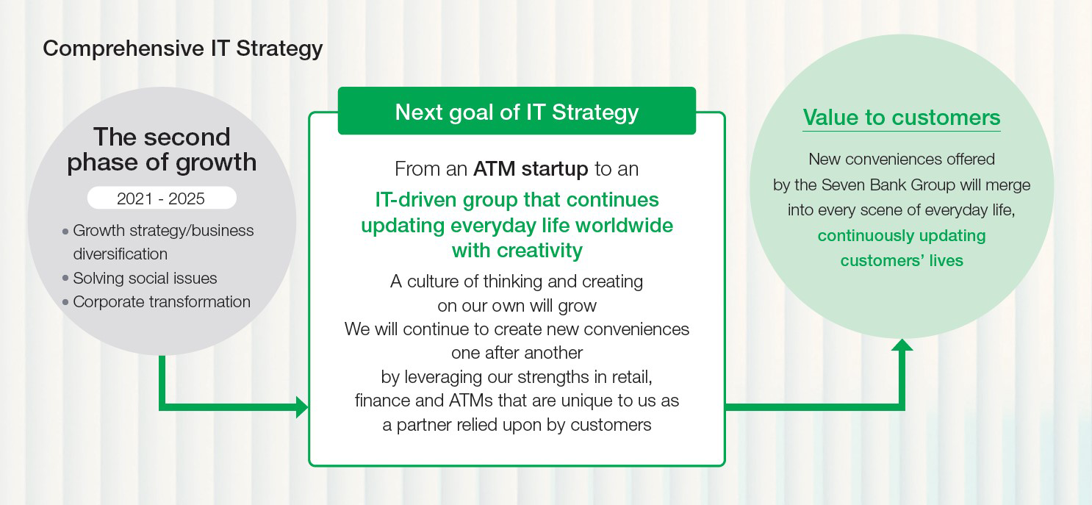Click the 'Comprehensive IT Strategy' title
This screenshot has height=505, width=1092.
183,49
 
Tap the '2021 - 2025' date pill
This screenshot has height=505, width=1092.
162,198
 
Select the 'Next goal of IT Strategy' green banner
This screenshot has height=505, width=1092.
517,111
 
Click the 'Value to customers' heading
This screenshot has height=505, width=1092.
902,118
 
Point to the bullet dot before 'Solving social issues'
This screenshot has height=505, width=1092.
65,278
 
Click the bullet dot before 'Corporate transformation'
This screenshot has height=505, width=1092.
65,302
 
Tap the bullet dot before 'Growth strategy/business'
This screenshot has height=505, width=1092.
65,231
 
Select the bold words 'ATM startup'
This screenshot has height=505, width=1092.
531,169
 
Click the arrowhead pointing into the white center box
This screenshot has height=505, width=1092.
302,407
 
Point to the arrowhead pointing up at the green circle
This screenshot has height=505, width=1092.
902,345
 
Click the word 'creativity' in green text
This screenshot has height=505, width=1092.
539,251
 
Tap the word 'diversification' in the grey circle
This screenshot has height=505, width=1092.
120,254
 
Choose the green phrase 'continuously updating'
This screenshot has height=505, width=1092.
902,236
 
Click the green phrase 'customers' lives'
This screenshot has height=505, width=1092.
902,260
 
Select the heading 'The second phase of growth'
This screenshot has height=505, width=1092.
162,150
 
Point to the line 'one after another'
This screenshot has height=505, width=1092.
517,353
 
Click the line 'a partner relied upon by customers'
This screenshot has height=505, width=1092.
517,425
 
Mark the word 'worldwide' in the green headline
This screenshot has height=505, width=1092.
624,226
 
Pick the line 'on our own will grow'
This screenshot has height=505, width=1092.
517,306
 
